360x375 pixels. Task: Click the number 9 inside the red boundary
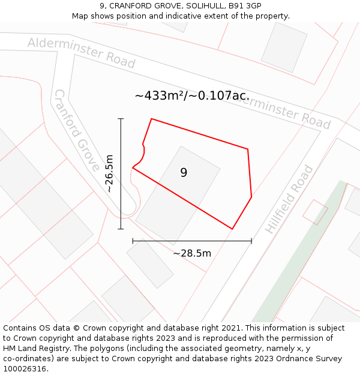[184, 173]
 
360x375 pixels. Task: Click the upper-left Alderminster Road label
[82, 52]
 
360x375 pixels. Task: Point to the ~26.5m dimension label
[109, 174]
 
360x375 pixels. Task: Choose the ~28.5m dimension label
[192, 253]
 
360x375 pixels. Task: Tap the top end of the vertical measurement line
[121, 119]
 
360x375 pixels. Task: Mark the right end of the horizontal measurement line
[251, 241]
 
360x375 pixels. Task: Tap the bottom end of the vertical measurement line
[121, 229]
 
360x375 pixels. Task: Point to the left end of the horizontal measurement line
[133, 241]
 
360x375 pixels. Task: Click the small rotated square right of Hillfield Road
[316, 212]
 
